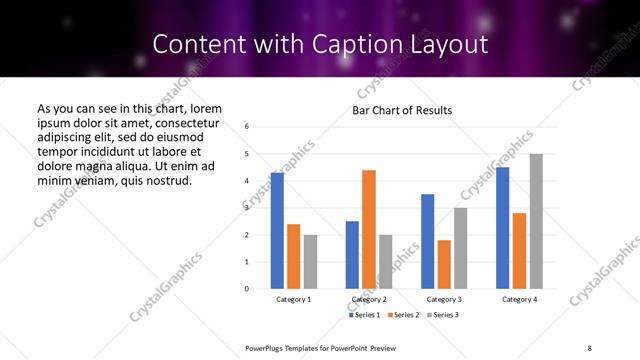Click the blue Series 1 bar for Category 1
point(277,230)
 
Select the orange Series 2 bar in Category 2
point(369,229)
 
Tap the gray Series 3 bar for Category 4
point(536,221)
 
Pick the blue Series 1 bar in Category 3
point(427,241)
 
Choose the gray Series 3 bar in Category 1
point(310,261)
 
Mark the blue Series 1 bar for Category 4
point(503,228)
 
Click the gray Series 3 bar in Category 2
point(386,261)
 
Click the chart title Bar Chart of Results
point(402,110)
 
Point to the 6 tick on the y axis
point(247,127)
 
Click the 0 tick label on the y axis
point(247,289)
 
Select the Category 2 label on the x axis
point(369,300)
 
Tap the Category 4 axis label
point(519,300)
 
